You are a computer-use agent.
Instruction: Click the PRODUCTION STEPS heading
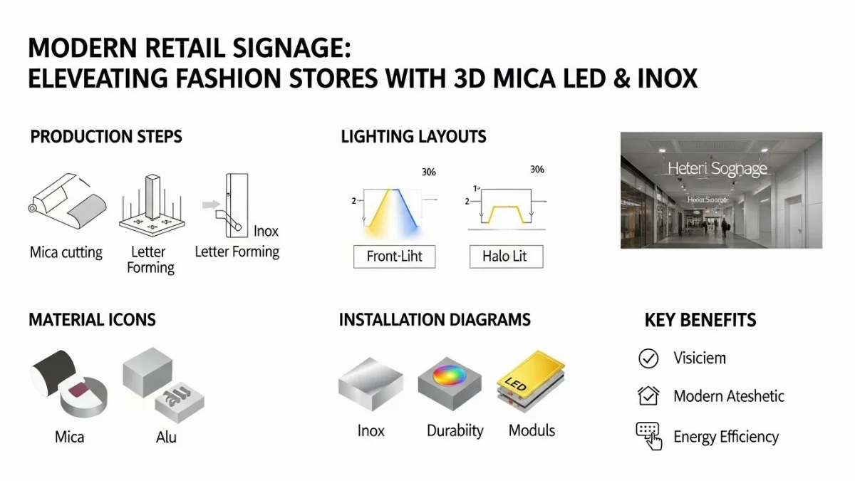click(x=106, y=136)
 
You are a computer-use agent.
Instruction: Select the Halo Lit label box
click(x=506, y=257)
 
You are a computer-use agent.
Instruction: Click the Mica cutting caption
click(x=66, y=252)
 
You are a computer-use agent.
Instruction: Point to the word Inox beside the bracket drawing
click(x=266, y=231)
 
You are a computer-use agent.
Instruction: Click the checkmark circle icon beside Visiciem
click(x=648, y=358)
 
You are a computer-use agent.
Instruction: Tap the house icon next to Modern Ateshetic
click(x=648, y=395)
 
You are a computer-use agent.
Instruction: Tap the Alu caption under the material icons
click(x=166, y=436)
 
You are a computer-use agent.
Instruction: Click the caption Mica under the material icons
click(x=70, y=436)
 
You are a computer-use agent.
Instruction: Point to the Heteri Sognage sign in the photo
click(x=717, y=169)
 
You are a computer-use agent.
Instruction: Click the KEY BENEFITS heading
click(x=700, y=320)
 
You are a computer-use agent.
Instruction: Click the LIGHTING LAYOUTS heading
click(x=413, y=136)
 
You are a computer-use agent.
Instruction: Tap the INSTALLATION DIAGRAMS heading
click(x=435, y=319)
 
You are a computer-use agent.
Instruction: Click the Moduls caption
click(x=532, y=430)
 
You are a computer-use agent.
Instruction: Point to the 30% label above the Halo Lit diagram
click(x=537, y=170)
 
